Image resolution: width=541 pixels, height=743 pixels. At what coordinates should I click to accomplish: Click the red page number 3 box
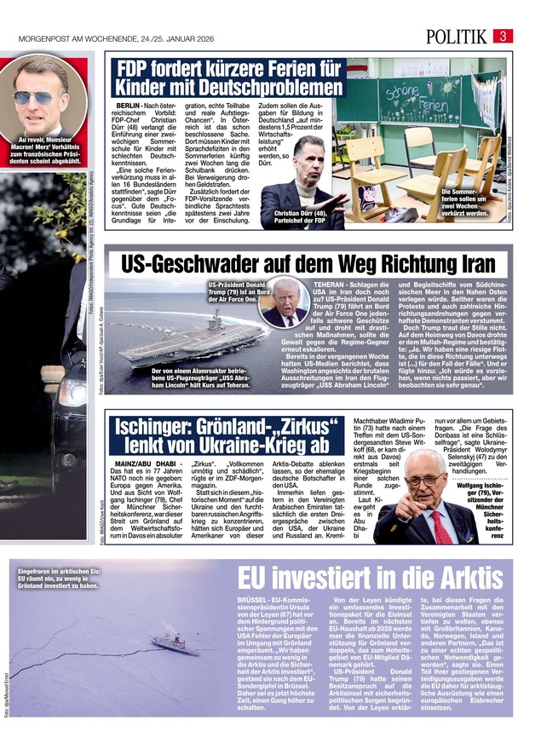(504, 36)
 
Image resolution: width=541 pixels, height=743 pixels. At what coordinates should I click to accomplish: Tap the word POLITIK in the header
(458, 36)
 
